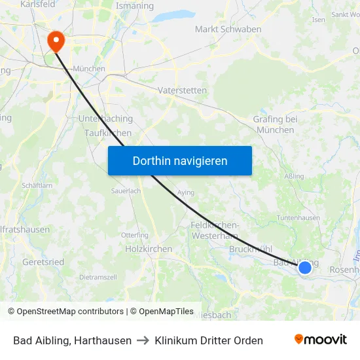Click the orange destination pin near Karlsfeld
[56, 41]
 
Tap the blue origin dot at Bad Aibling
[304, 267]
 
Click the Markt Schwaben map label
[228, 29]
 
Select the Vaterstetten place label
[182, 90]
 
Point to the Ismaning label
[134, 7]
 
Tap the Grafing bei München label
[275, 124]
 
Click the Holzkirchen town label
[149, 249]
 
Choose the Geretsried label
[43, 262]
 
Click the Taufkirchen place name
[108, 133]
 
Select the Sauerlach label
[126, 191]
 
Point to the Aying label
[187, 193]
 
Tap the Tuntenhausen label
[298, 218]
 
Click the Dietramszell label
[98, 277]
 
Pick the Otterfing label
[135, 235]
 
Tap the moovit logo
[321, 339]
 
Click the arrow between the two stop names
[143, 340]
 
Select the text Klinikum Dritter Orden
[209, 340]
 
